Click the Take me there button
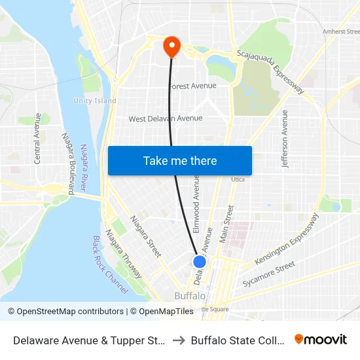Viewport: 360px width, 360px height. pos(180,160)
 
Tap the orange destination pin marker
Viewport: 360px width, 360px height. pos(171,46)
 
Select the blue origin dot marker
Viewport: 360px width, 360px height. pos(200,261)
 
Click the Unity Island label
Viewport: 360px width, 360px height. pos(94,101)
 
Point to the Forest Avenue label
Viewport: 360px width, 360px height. pos(192,86)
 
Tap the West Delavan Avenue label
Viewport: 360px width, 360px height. pos(165,118)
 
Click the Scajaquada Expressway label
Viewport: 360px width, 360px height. pos(270,71)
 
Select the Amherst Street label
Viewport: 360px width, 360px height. pos(340,31)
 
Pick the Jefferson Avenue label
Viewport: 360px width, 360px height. pos(285,138)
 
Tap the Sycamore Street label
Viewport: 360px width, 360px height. pos(268,275)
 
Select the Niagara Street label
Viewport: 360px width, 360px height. pos(145,236)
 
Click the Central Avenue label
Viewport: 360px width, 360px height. pos(38,138)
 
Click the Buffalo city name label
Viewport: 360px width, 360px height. pos(190,296)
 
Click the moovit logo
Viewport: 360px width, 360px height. pos(320,339)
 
